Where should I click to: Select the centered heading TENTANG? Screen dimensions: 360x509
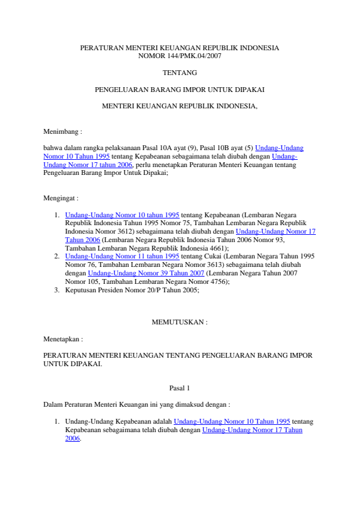click(x=180, y=73)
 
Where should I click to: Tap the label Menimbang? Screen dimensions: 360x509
click(x=62, y=131)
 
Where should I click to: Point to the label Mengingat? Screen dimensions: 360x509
click(x=61, y=198)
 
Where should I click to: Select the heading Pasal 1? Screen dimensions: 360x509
click(x=180, y=388)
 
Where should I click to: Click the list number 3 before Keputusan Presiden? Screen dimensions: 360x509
click(x=56, y=290)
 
